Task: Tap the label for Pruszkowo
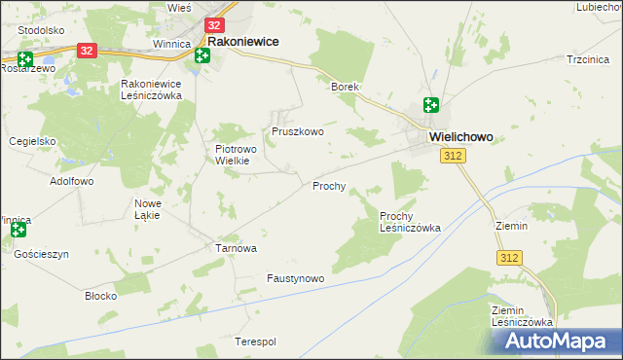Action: click(297, 131)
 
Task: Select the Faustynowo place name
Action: click(295, 278)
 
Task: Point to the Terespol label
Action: click(256, 342)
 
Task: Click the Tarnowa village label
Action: click(236, 248)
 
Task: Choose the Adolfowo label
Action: click(71, 182)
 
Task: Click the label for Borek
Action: click(346, 87)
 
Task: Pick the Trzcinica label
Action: click(588, 59)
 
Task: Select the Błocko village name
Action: click(101, 295)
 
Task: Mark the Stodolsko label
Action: click(41, 30)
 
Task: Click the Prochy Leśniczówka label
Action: click(410, 222)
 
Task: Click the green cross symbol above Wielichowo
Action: click(431, 105)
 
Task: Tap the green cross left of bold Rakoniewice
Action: click(202, 54)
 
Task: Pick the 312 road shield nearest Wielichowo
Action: click(451, 157)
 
